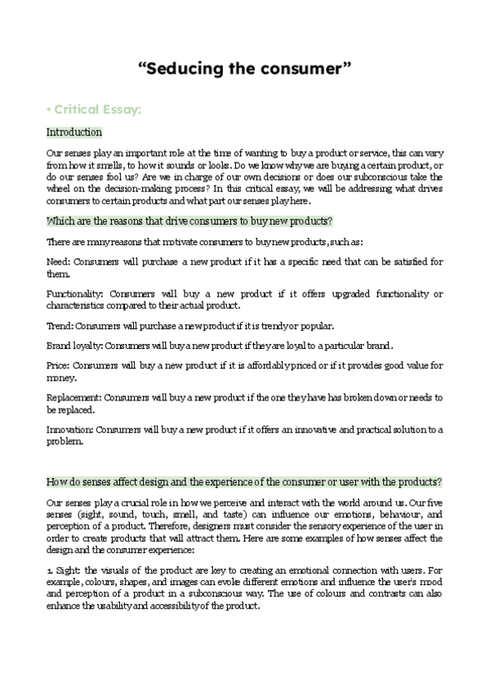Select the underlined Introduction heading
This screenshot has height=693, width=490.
(x=74, y=132)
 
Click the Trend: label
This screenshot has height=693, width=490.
(x=60, y=324)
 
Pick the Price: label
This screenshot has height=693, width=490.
(x=59, y=365)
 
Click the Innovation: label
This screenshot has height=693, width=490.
(x=70, y=428)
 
